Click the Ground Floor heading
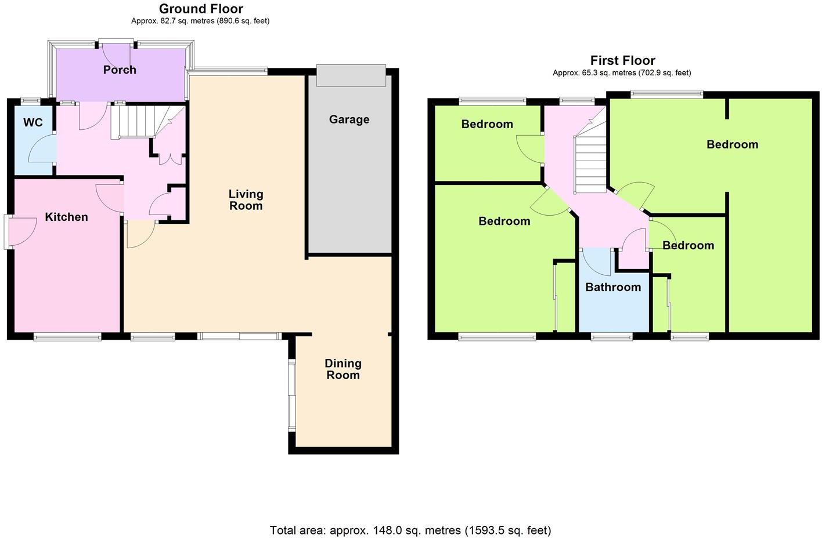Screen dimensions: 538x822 [x=201, y=9]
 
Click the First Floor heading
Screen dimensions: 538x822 [x=622, y=60]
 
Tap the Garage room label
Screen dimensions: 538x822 [x=349, y=119]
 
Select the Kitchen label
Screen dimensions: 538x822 [x=67, y=217]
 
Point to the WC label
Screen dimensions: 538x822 [x=33, y=123]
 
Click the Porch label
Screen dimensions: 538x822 [x=120, y=70]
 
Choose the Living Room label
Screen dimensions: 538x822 [x=246, y=200]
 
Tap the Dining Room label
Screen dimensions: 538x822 [x=343, y=369]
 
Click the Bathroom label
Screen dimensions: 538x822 [x=613, y=287]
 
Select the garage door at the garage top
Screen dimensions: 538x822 [x=351, y=76]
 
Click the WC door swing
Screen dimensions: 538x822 [x=42, y=148]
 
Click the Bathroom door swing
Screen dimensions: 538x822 [x=597, y=261]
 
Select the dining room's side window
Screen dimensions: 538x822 [x=292, y=395]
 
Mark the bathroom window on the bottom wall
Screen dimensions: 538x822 [x=612, y=336]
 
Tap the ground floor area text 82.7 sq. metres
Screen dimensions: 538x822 [x=200, y=21]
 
